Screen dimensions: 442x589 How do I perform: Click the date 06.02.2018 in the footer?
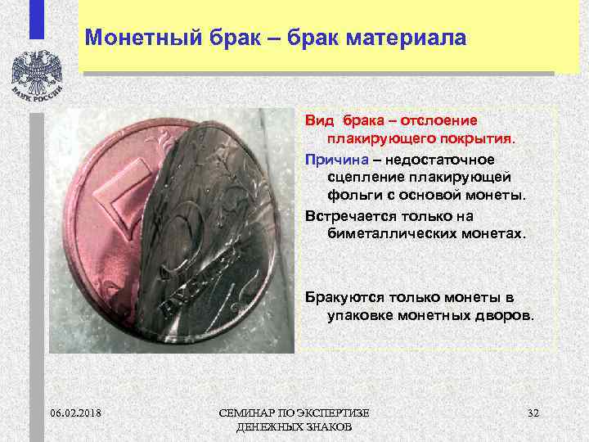74,411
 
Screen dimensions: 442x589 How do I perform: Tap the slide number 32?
533,411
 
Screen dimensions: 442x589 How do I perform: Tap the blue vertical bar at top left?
37,20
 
